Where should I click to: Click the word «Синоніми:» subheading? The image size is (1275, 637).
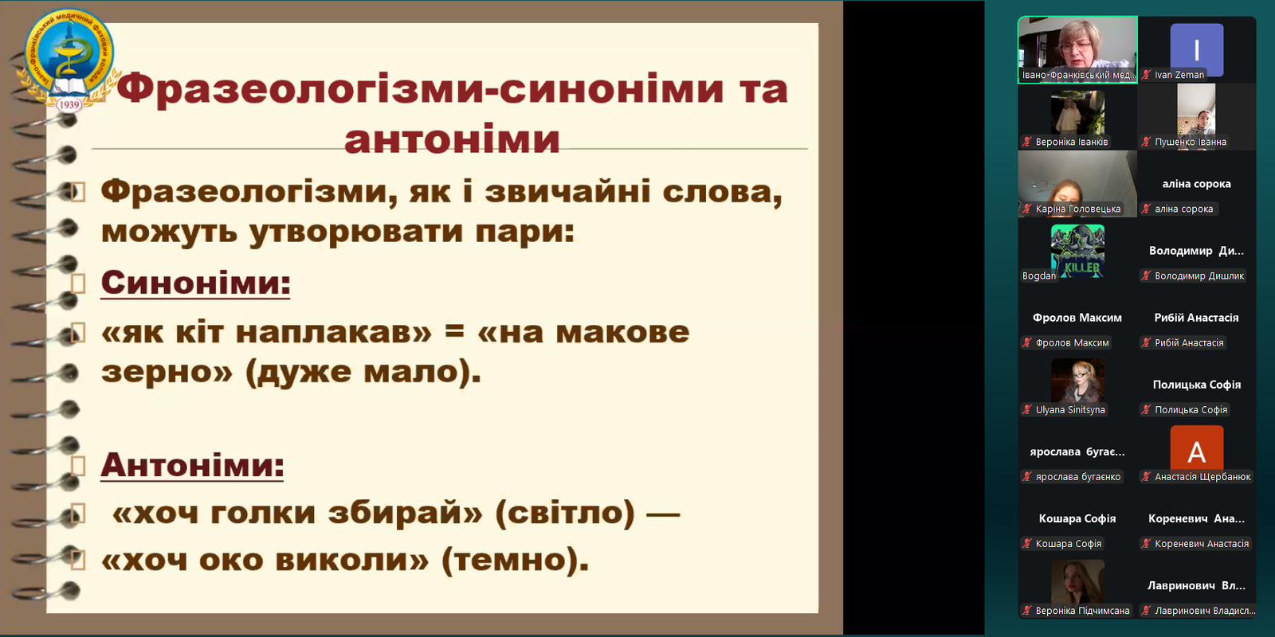tap(195, 283)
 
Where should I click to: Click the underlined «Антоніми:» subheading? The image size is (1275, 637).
tap(192, 465)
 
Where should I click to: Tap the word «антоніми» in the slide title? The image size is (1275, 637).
tap(452, 139)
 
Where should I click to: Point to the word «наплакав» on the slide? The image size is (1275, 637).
tap(334, 332)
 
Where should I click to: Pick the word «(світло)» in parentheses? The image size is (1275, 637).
tap(565, 513)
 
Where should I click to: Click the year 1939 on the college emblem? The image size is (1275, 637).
tap(69, 104)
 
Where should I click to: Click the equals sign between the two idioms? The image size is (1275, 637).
tap(454, 331)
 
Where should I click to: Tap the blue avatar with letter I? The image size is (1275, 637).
tap(1196, 49)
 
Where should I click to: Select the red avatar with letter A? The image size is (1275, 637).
tap(1196, 451)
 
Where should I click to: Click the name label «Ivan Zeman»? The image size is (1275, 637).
tap(1179, 75)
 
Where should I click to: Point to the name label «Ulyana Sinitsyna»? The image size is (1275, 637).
tap(1070, 410)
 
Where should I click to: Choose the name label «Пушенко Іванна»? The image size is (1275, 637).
tap(1191, 142)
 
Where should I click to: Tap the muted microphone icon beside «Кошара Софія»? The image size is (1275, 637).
tap(1027, 544)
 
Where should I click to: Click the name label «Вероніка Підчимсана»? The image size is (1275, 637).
tap(1082, 611)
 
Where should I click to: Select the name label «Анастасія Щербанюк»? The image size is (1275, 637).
tap(1202, 477)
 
